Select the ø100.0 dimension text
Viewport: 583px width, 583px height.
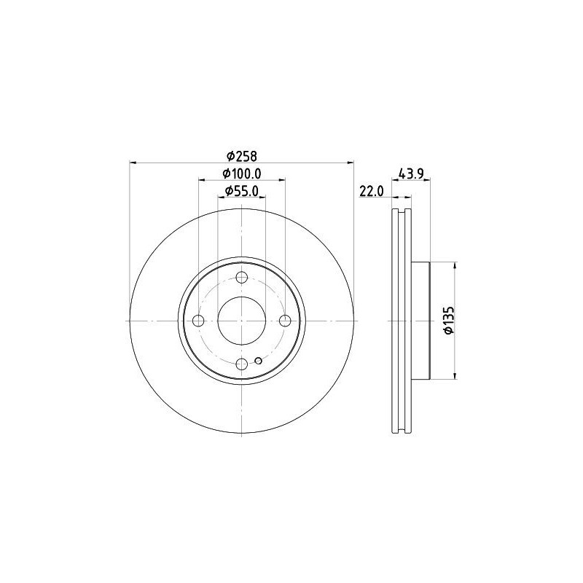241,173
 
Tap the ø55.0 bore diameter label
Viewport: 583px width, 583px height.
241,191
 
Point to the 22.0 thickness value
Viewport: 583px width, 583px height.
372,192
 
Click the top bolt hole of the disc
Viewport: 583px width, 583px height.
242,276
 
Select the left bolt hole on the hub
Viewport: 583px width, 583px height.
197,321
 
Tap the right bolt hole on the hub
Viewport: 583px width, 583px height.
286,321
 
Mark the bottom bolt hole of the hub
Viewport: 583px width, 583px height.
242,365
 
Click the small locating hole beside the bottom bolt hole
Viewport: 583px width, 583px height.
259,359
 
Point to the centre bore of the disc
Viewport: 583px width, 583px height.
242,321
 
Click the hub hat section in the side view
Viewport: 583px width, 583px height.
422,321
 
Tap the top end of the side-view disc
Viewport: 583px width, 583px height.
402,211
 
